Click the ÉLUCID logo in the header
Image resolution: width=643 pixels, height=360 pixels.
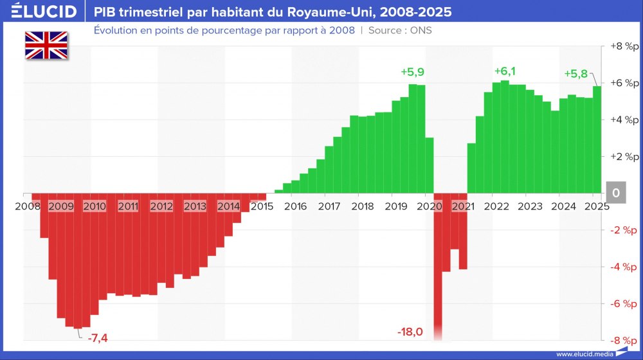(39, 12)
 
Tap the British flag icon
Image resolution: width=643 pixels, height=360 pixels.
(46, 45)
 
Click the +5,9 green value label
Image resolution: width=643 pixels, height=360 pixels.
(412, 72)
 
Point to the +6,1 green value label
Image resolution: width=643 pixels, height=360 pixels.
(506, 71)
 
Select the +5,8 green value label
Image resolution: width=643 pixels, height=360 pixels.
(575, 73)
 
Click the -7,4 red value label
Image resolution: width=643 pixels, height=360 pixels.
(98, 337)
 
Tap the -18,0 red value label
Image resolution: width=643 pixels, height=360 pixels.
(410, 332)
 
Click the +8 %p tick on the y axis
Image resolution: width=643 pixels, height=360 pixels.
(624, 47)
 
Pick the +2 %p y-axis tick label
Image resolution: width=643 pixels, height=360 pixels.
(624, 157)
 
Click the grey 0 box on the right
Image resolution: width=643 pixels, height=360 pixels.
(616, 193)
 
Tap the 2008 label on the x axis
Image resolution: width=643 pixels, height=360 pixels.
(27, 206)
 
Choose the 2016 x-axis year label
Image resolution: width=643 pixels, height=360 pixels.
(295, 206)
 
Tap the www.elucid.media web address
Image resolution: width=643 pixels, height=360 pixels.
(584, 354)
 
